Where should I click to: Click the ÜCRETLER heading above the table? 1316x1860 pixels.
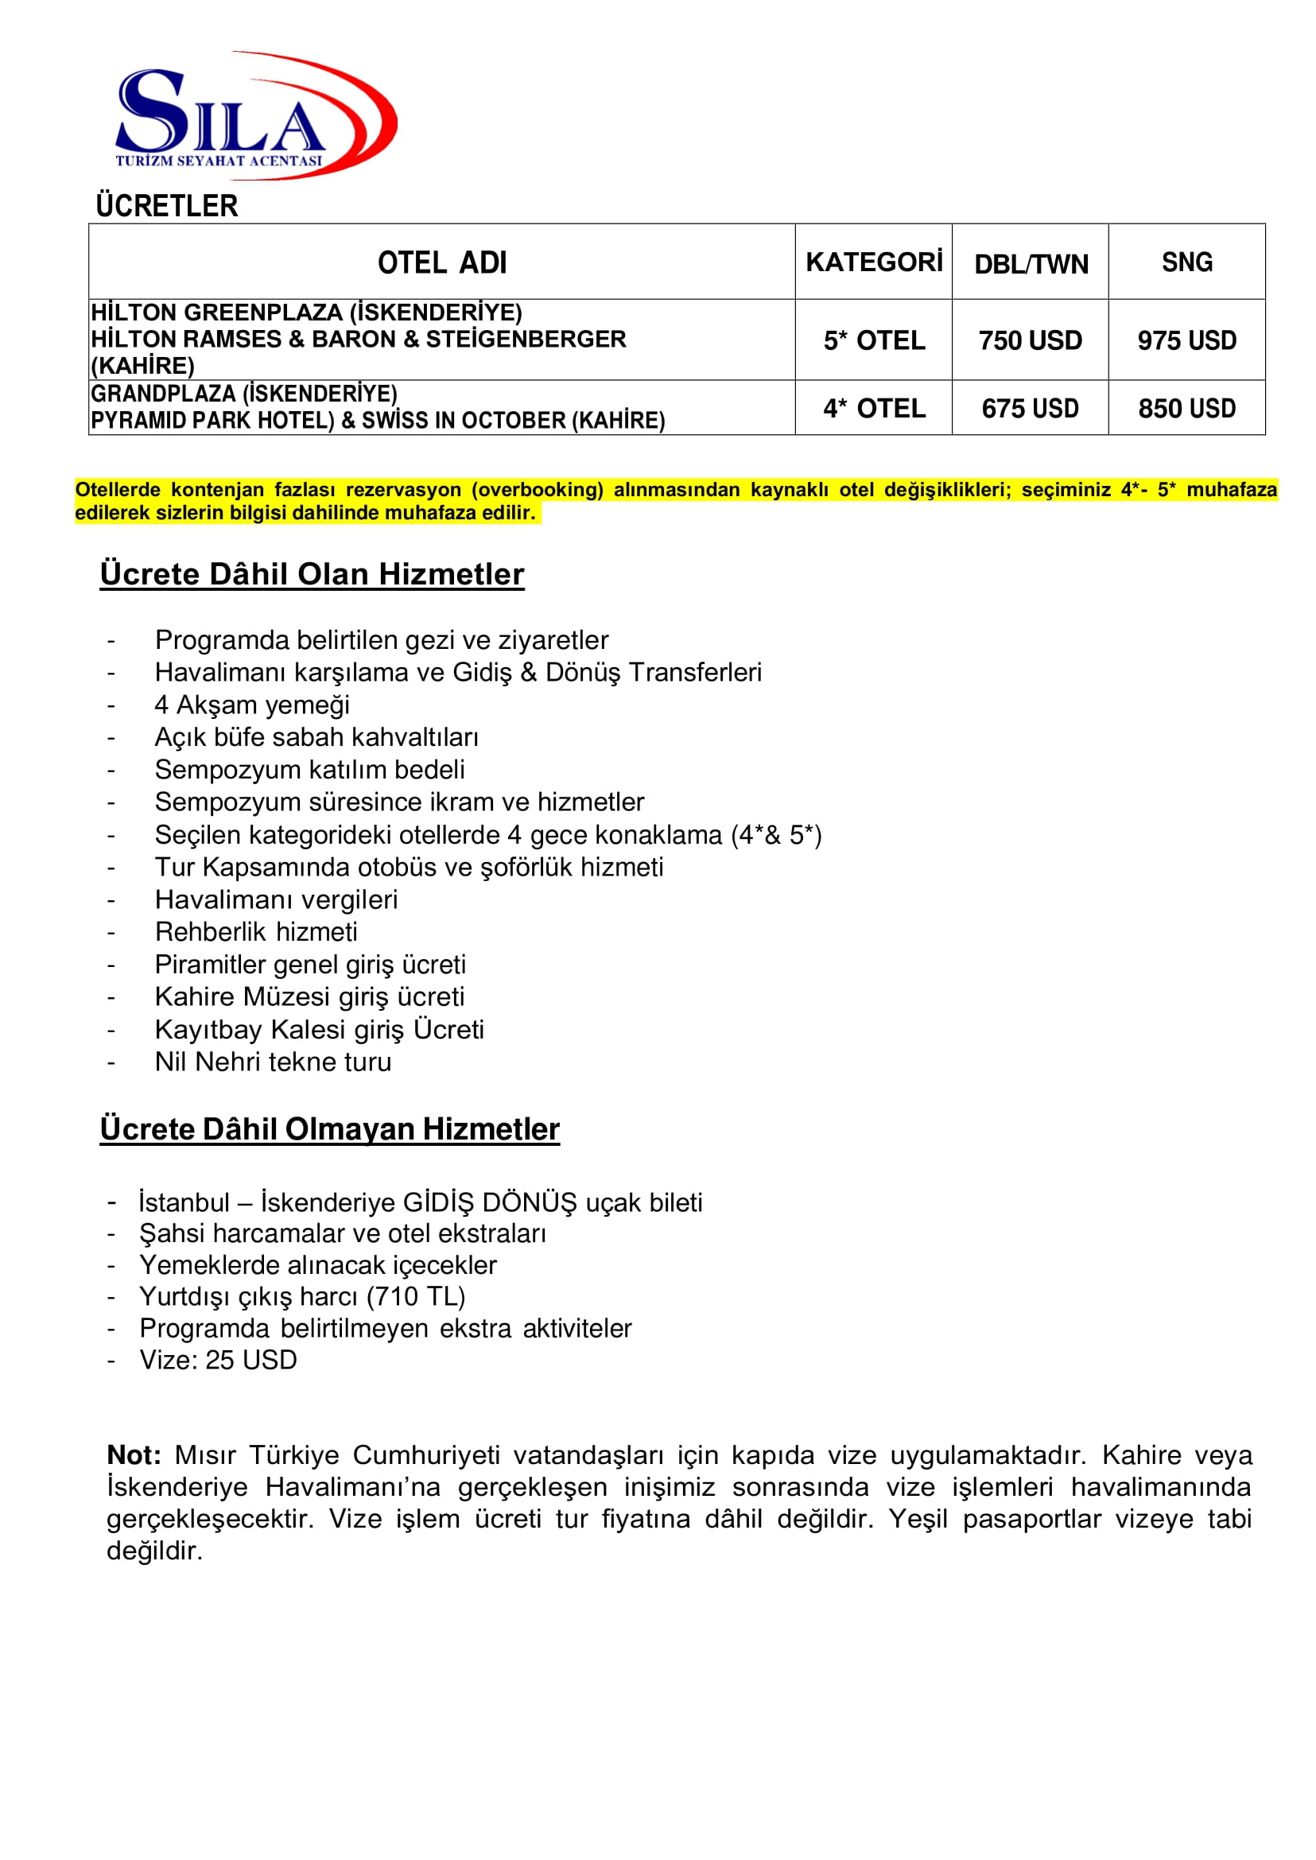point(167,206)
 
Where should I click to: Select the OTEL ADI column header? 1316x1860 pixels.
point(441,262)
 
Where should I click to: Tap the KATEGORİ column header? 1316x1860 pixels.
point(874,262)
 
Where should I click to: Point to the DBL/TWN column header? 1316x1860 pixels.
point(1031,264)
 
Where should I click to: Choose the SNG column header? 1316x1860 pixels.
point(1187,262)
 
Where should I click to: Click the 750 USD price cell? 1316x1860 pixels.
point(1030,340)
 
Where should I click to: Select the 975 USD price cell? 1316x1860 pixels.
point(1187,340)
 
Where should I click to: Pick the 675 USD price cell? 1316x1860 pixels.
point(1030,409)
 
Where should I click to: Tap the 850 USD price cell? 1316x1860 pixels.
point(1187,409)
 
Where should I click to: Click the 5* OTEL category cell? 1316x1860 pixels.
point(874,340)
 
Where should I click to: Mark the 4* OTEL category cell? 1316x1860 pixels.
point(874,409)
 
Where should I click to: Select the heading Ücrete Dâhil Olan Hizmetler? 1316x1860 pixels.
point(312,574)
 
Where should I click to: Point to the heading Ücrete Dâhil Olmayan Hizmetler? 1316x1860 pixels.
point(330,1129)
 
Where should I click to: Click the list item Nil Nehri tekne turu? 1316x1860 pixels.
point(273,1062)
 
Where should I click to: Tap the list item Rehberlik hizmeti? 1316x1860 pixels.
point(256,932)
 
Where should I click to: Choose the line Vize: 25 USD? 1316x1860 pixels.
point(218,1360)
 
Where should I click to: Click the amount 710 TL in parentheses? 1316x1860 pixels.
point(416,1297)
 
